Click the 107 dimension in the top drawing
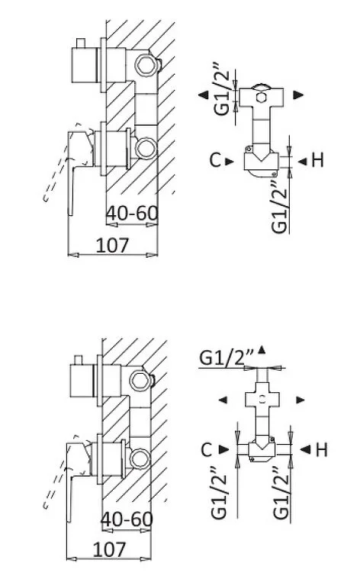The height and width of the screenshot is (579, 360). pyautogui.click(x=112, y=246)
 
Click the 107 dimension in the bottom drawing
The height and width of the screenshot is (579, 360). pyautogui.click(x=109, y=550)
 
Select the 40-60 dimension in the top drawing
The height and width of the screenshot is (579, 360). pyautogui.click(x=132, y=214)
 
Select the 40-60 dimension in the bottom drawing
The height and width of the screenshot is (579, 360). pyautogui.click(x=127, y=519)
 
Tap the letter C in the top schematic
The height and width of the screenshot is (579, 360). pyautogui.click(x=215, y=160)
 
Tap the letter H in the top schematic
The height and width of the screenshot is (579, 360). pyautogui.click(x=317, y=160)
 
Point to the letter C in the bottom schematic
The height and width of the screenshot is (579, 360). pyautogui.click(x=207, y=449)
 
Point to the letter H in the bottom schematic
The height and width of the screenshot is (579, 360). pyautogui.click(x=322, y=449)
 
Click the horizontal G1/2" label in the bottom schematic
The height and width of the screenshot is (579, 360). pyautogui.click(x=227, y=357)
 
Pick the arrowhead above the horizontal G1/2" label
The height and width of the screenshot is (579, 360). pyautogui.click(x=262, y=349)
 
